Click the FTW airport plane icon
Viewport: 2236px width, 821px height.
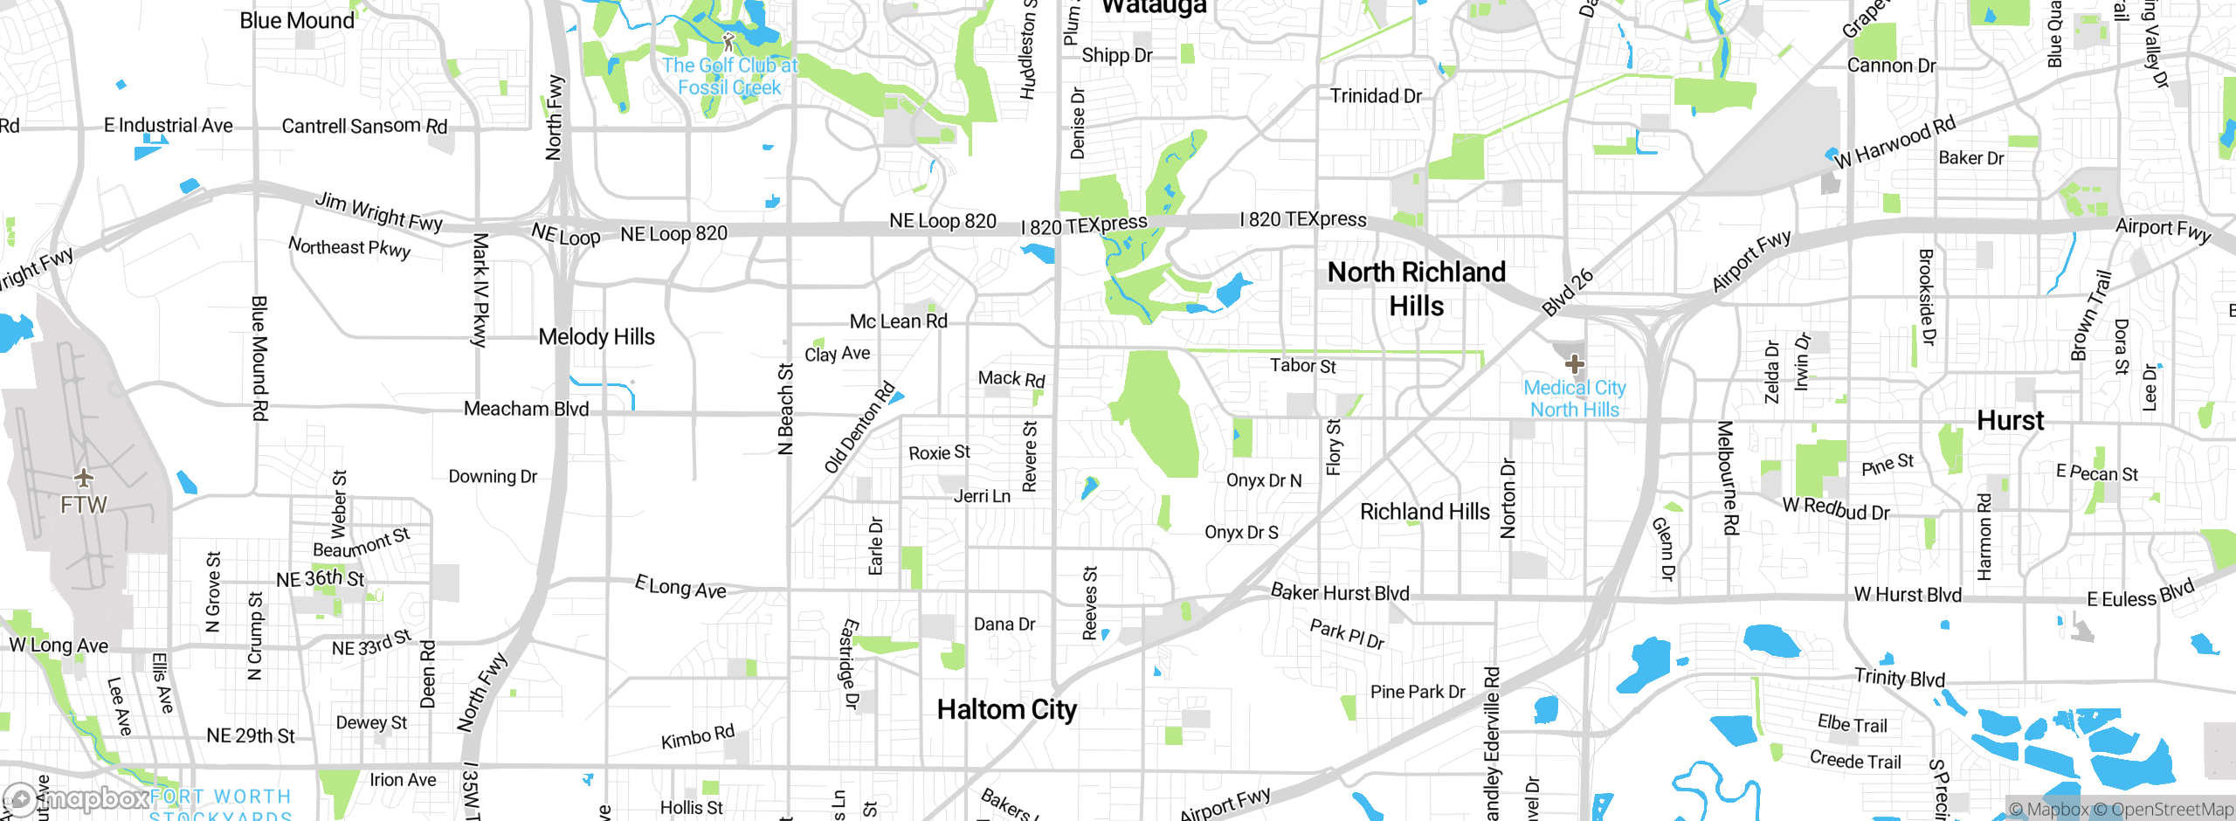[84, 478]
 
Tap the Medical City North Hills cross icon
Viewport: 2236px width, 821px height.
[1575, 363]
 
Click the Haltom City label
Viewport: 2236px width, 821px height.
[1006, 709]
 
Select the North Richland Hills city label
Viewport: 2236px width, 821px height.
[1417, 289]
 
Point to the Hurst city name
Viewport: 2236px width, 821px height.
[2010, 421]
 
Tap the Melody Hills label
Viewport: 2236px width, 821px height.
[597, 337]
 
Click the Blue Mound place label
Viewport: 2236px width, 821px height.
[297, 21]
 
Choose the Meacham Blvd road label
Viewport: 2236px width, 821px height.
[526, 409]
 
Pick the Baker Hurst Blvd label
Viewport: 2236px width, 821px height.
[1340, 593]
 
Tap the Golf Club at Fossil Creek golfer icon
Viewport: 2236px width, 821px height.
[728, 40]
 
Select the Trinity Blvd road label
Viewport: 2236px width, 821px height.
[1900, 678]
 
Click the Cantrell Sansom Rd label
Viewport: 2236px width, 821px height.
[364, 127]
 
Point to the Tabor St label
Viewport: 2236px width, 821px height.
[1302, 366]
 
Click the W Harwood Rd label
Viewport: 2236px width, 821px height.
[1894, 142]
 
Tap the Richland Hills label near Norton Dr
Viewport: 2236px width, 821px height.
[1425, 512]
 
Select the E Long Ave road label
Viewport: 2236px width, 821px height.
[680, 588]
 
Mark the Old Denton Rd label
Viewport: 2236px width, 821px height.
[860, 428]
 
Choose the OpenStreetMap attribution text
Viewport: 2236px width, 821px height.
[2171, 810]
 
